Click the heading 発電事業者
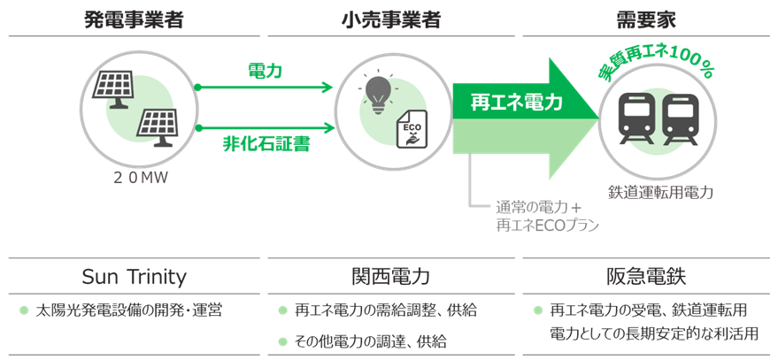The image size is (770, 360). (135, 19)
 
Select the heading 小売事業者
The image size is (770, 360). (390, 19)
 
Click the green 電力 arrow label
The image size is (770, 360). (265, 71)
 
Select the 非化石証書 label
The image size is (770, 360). (265, 144)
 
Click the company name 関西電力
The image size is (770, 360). (390, 277)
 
